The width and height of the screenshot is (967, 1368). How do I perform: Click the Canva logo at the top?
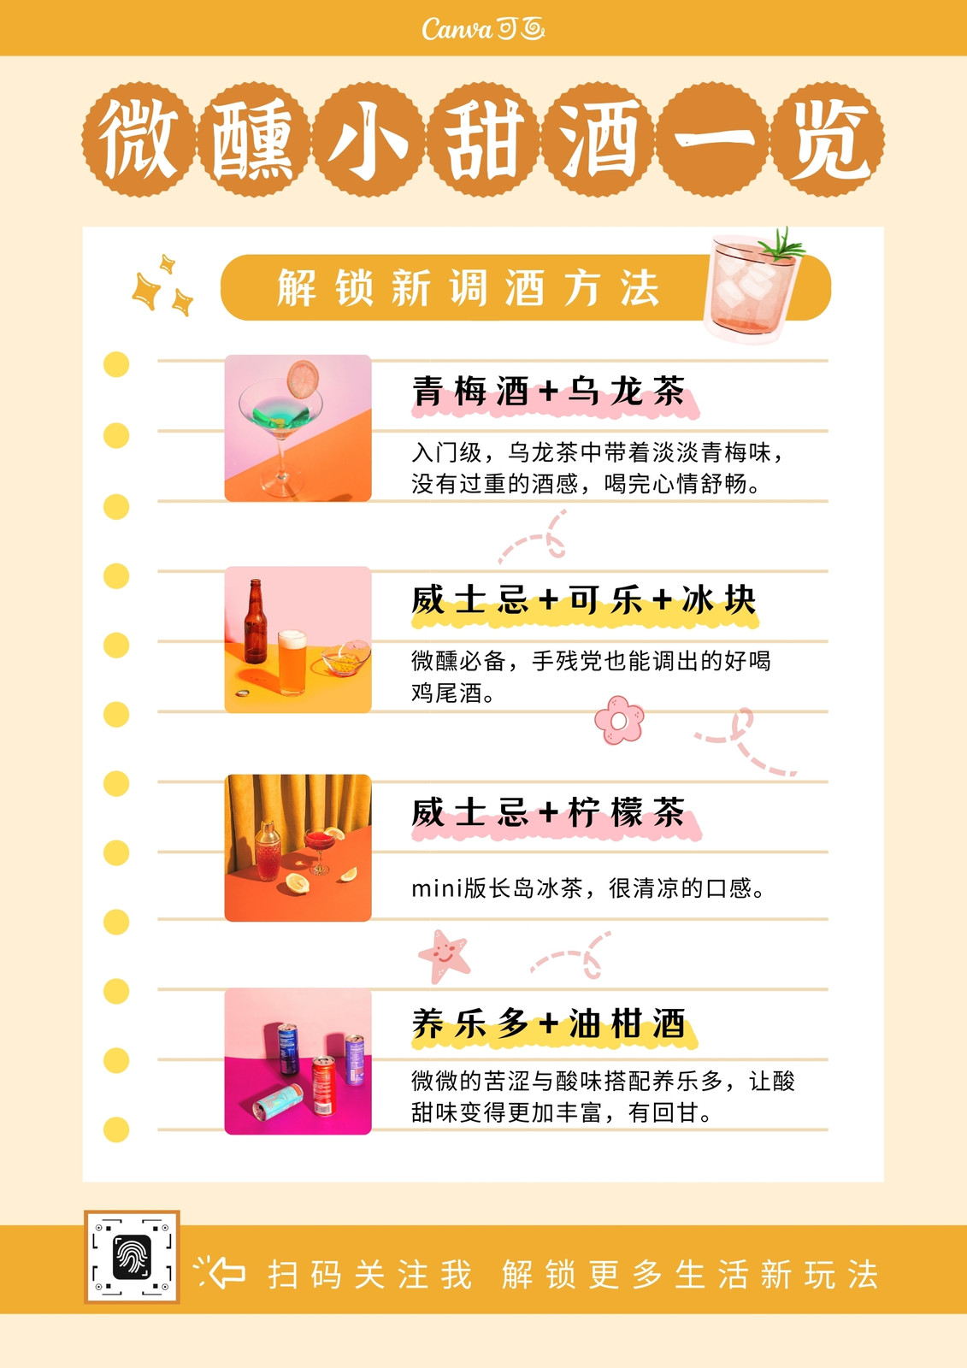coord(482,29)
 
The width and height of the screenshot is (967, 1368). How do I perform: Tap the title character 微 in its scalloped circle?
coord(139,139)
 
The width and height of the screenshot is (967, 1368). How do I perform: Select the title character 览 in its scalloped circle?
coord(828,139)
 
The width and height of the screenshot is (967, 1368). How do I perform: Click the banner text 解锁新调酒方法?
coord(468,287)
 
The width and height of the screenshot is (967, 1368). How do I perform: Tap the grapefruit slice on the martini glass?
coord(303,379)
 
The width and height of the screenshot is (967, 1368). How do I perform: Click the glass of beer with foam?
coord(292,663)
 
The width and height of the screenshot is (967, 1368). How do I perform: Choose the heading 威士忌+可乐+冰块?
coord(584,599)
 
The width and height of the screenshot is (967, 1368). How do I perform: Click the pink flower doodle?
coord(619,720)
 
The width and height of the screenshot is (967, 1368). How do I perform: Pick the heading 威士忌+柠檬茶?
coord(549,812)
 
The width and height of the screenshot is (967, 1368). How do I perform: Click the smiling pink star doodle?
coord(444,956)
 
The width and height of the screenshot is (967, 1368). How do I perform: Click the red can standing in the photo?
coord(324,1085)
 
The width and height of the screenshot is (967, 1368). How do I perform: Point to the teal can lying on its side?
coord(278,1102)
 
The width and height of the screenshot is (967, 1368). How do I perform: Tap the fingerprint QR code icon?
coord(132,1256)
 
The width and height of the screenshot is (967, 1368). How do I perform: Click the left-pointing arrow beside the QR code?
coord(227,1273)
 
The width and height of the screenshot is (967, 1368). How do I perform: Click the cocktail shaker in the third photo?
coord(268,851)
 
